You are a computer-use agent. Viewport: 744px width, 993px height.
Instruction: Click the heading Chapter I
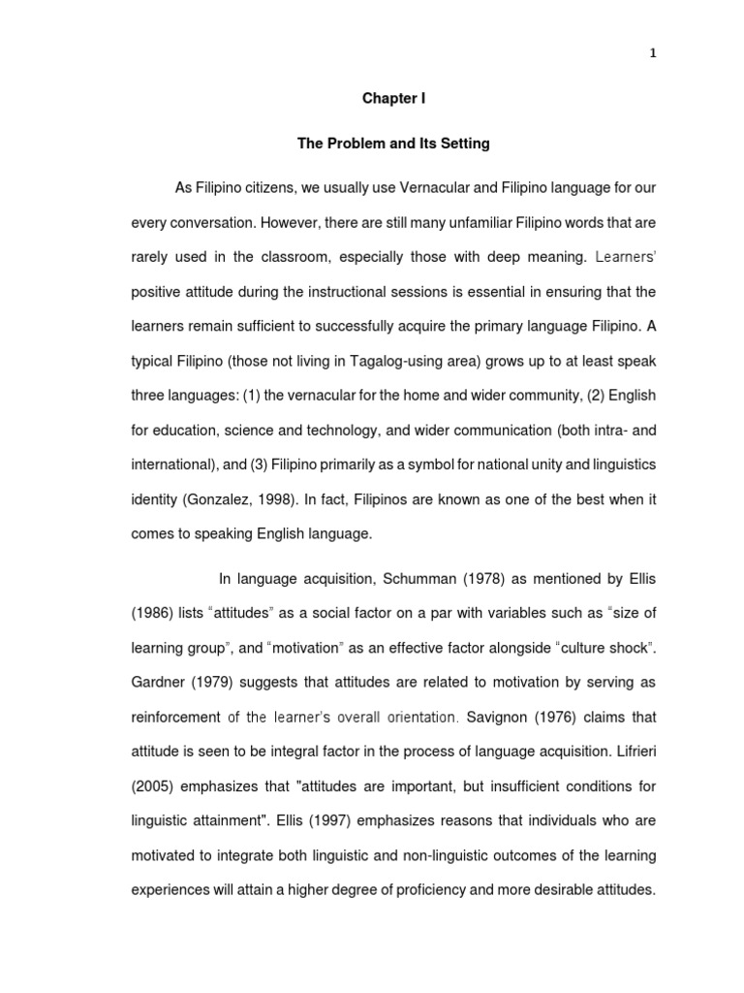click(393, 99)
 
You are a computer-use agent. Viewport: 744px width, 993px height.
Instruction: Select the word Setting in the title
click(465, 144)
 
